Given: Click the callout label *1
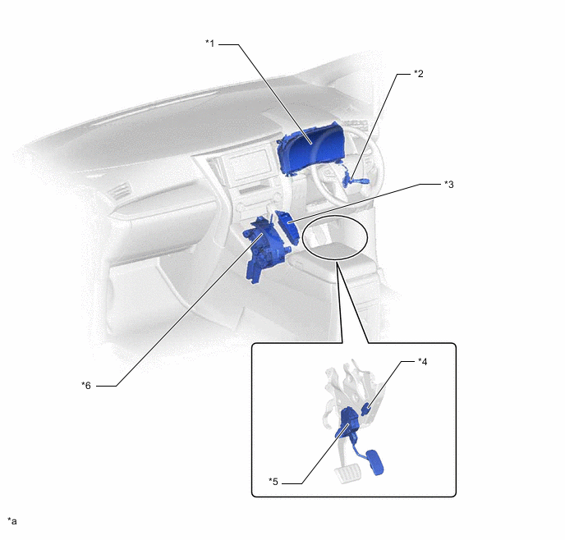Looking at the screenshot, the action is [x=209, y=43].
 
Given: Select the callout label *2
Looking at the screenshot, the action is [x=418, y=74].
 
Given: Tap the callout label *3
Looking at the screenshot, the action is [x=448, y=185].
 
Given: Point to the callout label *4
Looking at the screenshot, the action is [x=422, y=362].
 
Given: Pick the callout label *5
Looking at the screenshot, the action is [x=273, y=482].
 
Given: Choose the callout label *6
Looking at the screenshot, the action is [x=85, y=386].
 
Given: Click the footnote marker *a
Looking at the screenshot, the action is [x=11, y=521].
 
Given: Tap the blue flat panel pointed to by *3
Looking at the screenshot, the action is [x=287, y=227].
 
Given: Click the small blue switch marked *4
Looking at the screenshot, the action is [x=366, y=409].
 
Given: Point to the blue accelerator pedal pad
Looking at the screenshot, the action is [x=374, y=462].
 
